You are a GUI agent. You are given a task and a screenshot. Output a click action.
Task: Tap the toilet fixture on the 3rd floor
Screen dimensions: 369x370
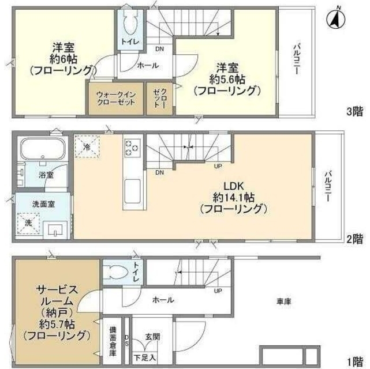130,23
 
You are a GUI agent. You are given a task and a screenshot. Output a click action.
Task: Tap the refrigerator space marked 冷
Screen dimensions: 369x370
87,148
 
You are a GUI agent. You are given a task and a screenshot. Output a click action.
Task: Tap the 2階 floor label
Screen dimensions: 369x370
354,237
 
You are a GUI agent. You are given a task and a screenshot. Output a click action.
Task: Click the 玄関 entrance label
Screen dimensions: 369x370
152,336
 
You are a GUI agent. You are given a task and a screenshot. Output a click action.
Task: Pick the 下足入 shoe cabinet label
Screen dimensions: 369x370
144,357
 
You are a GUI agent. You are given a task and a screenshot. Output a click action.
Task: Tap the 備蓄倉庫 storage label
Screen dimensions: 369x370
113,341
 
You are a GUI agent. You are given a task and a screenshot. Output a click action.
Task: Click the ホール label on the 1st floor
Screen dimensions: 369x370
163,300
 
